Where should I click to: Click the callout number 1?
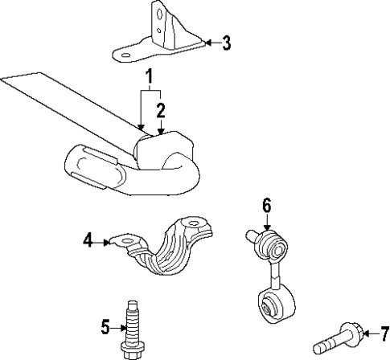149,79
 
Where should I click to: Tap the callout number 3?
226,43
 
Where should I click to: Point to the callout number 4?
88,239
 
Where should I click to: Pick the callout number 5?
105,326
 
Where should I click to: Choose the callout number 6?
266,206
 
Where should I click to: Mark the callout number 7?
384,332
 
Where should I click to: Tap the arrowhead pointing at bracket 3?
207,43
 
